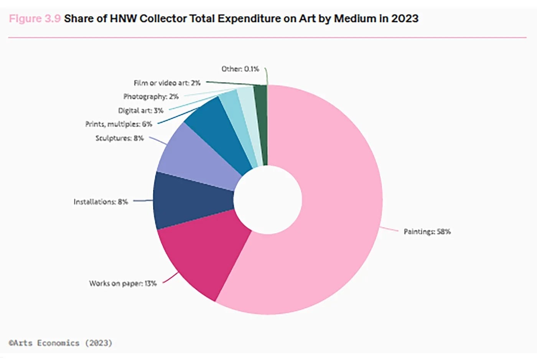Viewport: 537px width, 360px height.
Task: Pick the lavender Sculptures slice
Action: click(x=199, y=157)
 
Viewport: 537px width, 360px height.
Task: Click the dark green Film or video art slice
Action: click(x=261, y=123)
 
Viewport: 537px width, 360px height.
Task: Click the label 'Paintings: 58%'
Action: click(x=427, y=231)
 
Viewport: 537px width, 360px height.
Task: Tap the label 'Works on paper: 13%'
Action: click(x=123, y=284)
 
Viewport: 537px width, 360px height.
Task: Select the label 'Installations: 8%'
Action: click(x=100, y=201)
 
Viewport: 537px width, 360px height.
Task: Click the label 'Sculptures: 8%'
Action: click(x=119, y=138)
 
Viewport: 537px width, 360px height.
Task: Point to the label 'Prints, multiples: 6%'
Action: click(x=119, y=124)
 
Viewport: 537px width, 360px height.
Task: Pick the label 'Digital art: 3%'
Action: click(x=140, y=111)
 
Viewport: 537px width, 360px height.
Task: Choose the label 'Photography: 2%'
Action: click(x=151, y=97)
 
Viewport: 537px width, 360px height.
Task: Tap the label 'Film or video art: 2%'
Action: click(x=167, y=83)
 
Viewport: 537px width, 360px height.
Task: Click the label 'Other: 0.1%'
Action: click(x=240, y=69)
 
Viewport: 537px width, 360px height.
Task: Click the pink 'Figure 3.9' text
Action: click(x=35, y=18)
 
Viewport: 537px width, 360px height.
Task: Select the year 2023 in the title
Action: click(x=405, y=18)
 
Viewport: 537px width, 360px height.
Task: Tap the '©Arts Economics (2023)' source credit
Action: click(x=61, y=343)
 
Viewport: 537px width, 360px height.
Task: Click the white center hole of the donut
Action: click(x=268, y=200)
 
